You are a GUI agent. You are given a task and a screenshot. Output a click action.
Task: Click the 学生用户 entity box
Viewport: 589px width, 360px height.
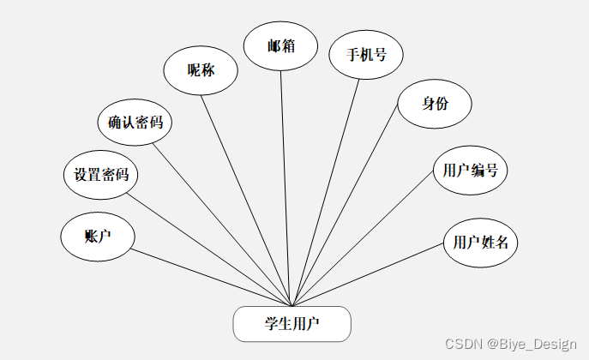[292, 324]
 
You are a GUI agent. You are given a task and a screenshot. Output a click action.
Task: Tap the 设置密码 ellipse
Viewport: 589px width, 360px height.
[101, 175]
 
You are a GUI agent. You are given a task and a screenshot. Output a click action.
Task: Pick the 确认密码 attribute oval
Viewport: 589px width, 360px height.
[135, 122]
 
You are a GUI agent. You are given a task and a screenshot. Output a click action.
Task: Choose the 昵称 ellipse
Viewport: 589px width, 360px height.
[201, 70]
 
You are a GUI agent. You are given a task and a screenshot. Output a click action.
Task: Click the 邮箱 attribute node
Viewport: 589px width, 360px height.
[281, 45]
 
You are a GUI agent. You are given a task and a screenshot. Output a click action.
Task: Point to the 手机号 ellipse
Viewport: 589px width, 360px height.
[366, 55]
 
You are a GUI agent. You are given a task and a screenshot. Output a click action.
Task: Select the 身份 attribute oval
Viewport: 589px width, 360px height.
[436, 105]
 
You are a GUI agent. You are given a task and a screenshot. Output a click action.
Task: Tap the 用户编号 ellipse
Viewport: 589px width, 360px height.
[471, 170]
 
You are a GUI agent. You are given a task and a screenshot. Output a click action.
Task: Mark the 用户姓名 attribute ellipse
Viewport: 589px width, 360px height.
[481, 242]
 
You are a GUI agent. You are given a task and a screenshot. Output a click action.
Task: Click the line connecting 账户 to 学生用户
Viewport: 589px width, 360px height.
[212, 278]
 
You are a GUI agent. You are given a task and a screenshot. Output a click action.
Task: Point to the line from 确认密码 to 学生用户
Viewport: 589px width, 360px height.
[223, 225]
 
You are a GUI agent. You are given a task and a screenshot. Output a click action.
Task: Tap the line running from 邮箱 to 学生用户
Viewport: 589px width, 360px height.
[286, 187]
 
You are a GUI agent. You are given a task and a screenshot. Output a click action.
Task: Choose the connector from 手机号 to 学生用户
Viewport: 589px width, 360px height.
[325, 192]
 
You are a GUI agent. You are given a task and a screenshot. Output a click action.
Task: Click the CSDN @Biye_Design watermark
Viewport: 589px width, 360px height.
[511, 344]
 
